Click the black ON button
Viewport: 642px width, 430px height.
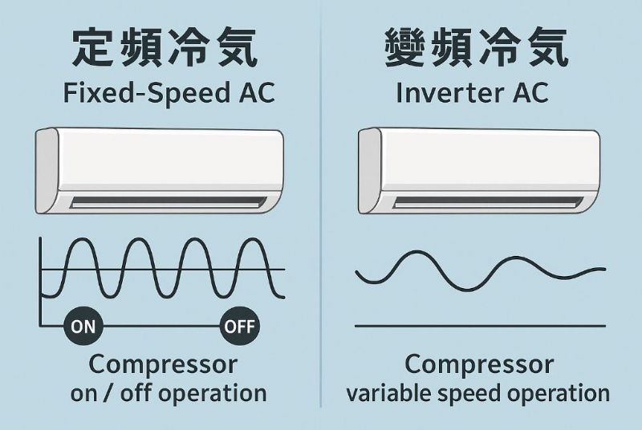83,327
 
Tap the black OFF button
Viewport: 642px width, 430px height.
238,327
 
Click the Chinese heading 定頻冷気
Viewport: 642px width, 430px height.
165,49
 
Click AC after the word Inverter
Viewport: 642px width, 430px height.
528,93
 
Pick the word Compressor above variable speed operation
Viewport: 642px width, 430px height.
479,364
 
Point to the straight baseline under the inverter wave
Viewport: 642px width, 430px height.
480,326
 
